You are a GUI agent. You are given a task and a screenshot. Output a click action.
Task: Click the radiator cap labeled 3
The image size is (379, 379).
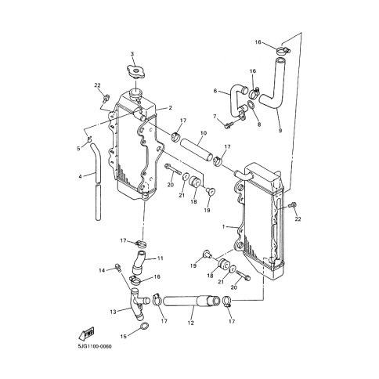pyautogui.click(x=135, y=71)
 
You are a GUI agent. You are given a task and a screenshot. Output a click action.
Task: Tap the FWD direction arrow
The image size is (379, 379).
pyautogui.click(x=86, y=334)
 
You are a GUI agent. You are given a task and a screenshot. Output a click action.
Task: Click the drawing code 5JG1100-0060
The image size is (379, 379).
pyautogui.click(x=94, y=347)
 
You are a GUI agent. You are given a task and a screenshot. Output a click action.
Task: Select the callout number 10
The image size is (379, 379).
pyautogui.click(x=204, y=133)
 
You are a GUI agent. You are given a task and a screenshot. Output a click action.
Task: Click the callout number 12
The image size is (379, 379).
pyautogui.click(x=191, y=323)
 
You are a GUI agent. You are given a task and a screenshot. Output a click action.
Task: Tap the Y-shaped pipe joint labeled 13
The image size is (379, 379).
pyautogui.click(x=138, y=303)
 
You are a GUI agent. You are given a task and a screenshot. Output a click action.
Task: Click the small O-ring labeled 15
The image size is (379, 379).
pyautogui.click(x=144, y=326)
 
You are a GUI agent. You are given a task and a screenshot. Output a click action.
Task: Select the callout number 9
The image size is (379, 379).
pyautogui.click(x=280, y=130)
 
